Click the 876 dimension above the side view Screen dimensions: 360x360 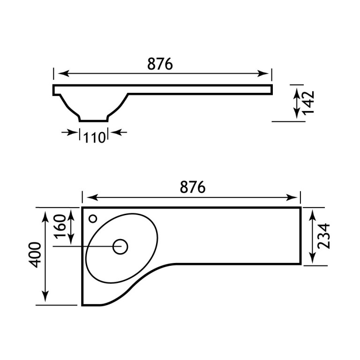pos(160,64)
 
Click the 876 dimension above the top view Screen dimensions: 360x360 pos(193,187)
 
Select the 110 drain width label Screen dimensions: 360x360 pos(93,138)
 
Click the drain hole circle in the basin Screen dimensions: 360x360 pos(120,247)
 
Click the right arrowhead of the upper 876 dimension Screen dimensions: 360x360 pos(265,74)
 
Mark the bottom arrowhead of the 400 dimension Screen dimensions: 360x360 pos(45,299)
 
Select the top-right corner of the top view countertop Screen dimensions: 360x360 pos(300,207)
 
